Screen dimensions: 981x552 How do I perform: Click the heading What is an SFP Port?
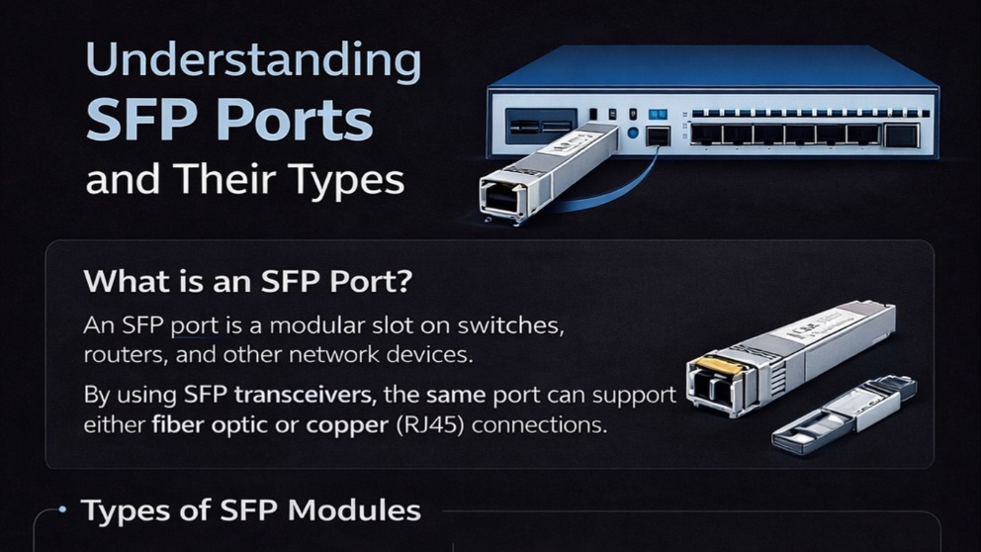click(x=248, y=281)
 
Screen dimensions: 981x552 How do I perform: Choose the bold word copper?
click(x=347, y=425)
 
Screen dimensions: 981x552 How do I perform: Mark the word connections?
click(x=539, y=425)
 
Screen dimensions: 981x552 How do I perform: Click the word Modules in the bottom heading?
click(x=354, y=510)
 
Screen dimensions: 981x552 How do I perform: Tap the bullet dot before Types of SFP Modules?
click(x=62, y=509)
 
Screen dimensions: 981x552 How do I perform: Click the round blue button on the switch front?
click(x=633, y=133)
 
